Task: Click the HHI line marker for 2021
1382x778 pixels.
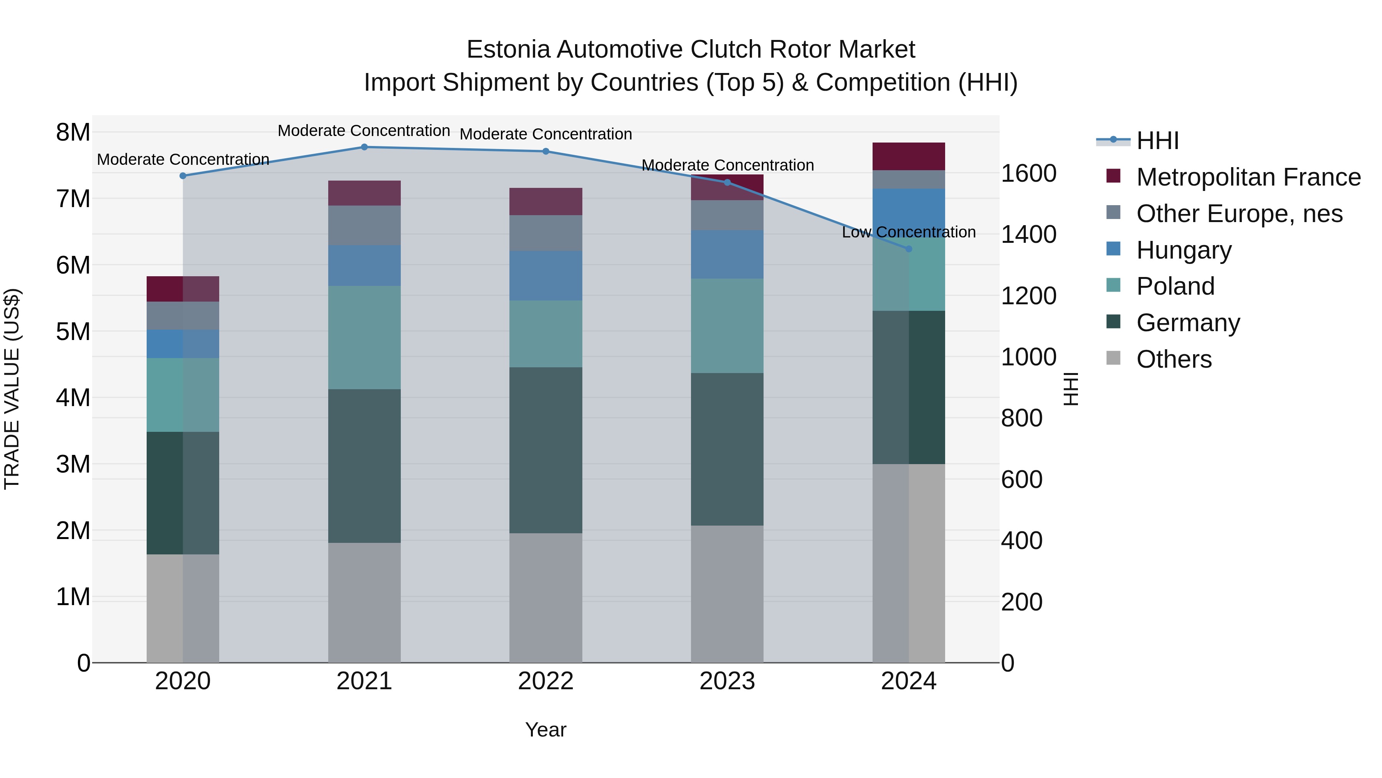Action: pyautogui.click(x=364, y=147)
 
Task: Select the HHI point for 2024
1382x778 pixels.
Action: pyautogui.click(x=909, y=249)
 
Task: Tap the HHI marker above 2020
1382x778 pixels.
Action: pyautogui.click(x=183, y=176)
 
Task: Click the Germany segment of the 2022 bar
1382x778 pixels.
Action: pyautogui.click(x=546, y=450)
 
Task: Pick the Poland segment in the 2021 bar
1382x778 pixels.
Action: pyautogui.click(x=364, y=337)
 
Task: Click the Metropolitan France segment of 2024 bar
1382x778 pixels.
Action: pyautogui.click(x=909, y=156)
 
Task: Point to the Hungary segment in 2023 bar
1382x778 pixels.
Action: pyautogui.click(x=727, y=254)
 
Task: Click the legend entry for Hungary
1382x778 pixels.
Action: pyautogui.click(x=1184, y=250)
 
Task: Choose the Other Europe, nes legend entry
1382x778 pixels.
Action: pyautogui.click(x=1239, y=214)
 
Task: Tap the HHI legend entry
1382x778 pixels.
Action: pyautogui.click(x=1157, y=141)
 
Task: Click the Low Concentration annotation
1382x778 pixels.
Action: pyautogui.click(x=909, y=232)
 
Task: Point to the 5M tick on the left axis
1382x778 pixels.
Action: pyautogui.click(x=73, y=332)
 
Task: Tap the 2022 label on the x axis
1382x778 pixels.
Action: pyautogui.click(x=546, y=681)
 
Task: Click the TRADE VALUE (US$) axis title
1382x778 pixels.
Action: pyautogui.click(x=12, y=389)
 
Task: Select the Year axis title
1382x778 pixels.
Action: pyautogui.click(x=546, y=730)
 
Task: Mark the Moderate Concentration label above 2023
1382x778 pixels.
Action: pyautogui.click(x=727, y=165)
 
